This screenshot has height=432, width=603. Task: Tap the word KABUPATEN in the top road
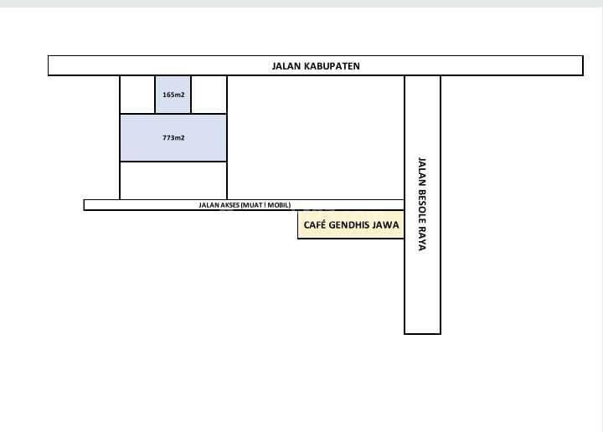(332, 66)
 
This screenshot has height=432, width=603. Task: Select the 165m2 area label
(173, 95)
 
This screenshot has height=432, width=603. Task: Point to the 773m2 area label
(173, 137)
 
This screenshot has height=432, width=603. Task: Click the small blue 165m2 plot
(173, 95)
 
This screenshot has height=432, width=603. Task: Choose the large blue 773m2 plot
(173, 137)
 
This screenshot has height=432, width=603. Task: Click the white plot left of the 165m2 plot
(137, 95)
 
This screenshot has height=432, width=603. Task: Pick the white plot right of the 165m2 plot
(209, 95)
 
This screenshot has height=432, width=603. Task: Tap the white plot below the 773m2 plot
(173, 180)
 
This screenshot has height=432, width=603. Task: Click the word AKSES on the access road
(229, 205)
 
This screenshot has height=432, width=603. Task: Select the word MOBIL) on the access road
(279, 205)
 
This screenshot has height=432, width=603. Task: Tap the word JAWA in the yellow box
(386, 225)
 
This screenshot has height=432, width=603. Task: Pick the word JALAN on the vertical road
(422, 171)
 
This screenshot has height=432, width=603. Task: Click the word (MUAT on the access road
(252, 205)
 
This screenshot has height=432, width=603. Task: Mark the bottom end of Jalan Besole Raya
(422, 333)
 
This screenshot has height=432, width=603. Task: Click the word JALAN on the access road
(209, 205)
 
